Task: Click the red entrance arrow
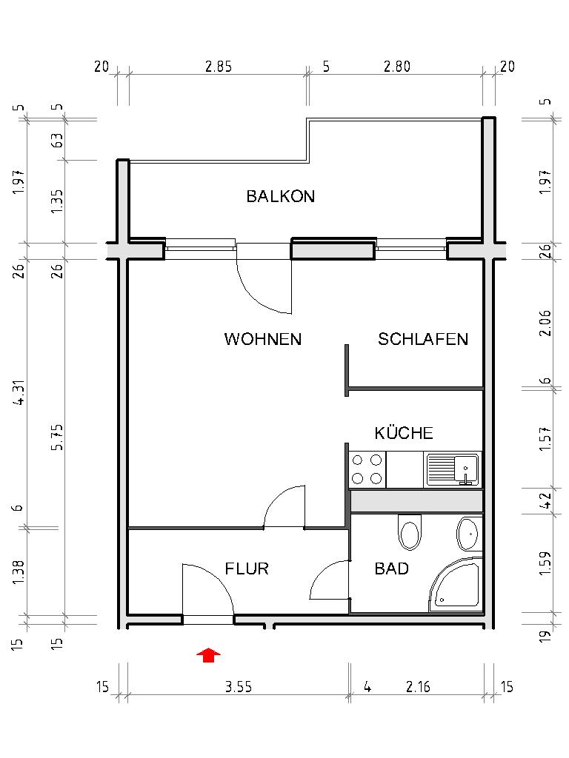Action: (x=210, y=654)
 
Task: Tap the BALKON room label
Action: (x=281, y=197)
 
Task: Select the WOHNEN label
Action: (x=263, y=340)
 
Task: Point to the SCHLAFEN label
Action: (x=423, y=340)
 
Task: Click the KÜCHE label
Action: (x=404, y=433)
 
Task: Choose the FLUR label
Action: (x=247, y=569)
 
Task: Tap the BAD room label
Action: (x=392, y=569)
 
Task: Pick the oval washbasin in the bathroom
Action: (x=468, y=532)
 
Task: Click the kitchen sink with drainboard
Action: (x=453, y=470)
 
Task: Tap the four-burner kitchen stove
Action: (x=367, y=469)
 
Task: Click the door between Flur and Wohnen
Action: (x=285, y=506)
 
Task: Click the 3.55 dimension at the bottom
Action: (x=239, y=687)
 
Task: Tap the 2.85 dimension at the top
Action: (x=219, y=67)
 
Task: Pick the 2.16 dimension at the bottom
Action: (x=418, y=687)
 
